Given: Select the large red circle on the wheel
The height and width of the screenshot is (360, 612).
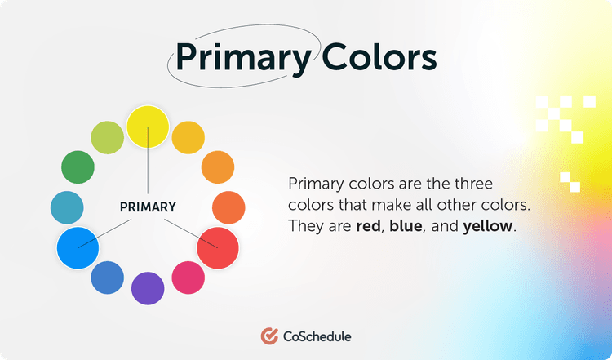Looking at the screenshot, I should click(218, 244).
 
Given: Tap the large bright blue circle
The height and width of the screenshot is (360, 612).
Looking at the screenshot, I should click(78, 246).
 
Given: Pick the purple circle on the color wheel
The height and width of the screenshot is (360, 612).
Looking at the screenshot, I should click(148, 287).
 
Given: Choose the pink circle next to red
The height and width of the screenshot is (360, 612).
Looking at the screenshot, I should click(188, 277).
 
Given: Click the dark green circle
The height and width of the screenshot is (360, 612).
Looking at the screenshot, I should click(78, 167).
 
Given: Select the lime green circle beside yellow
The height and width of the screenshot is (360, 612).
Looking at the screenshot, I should click(107, 136).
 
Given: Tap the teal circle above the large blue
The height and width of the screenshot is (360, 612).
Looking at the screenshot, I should click(66, 207).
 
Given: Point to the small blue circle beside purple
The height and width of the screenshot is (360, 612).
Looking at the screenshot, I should click(107, 277).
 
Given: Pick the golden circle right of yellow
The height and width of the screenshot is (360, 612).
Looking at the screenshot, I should click(188, 136).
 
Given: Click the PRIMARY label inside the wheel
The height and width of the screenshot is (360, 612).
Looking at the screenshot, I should click(148, 207).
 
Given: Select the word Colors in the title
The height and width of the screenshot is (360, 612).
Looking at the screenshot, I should click(379, 58).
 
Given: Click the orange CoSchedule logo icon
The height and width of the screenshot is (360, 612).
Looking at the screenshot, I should click(269, 336).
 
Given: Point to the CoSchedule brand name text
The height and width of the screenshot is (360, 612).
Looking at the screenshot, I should click(317, 336).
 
